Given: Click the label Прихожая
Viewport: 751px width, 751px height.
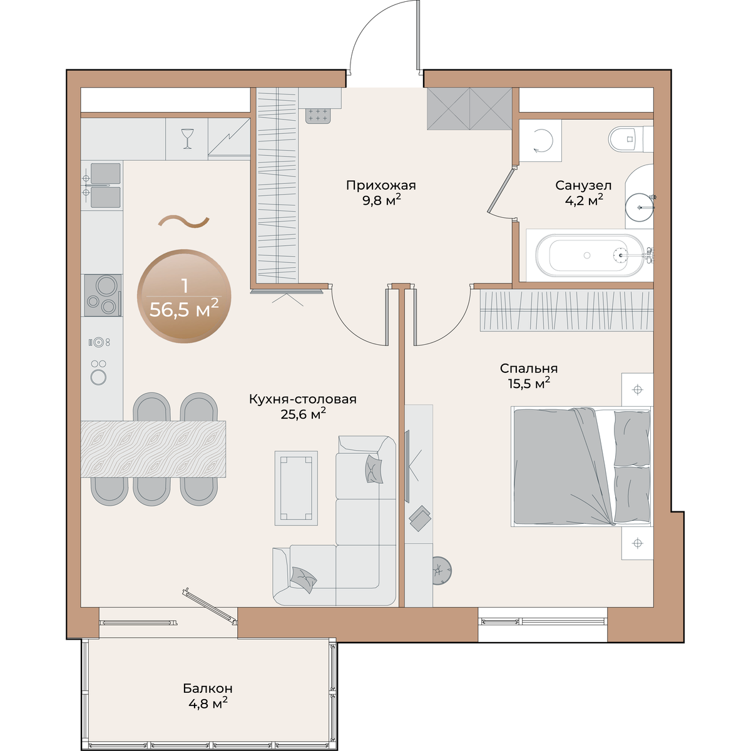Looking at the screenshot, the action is (x=381, y=185).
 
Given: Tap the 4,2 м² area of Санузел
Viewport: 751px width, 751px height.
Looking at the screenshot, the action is (x=584, y=200).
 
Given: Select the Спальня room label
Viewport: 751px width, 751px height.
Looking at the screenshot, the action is (x=528, y=368).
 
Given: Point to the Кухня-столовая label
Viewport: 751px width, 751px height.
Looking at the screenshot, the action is (x=302, y=399).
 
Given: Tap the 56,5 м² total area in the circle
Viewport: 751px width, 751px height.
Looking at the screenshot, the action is (x=184, y=310).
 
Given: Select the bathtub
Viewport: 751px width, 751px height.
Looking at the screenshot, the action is (x=590, y=255).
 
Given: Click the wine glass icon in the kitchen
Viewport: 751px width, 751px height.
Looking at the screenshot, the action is (x=187, y=138).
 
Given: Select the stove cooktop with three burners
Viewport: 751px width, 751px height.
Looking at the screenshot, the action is (x=103, y=295).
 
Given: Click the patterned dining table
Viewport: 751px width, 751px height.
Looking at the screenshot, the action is (x=153, y=449).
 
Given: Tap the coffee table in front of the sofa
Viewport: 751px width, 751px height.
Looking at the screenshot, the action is (x=296, y=488).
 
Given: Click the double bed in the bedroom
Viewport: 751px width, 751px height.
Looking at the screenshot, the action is (x=581, y=466).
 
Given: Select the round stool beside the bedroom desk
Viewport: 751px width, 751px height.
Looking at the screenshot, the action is (x=442, y=571).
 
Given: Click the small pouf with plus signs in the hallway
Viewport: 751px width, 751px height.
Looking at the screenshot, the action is (x=319, y=116).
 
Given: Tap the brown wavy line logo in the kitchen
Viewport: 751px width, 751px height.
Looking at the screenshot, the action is (x=183, y=221).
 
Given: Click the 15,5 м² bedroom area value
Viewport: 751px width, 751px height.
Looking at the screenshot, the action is (x=529, y=384).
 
